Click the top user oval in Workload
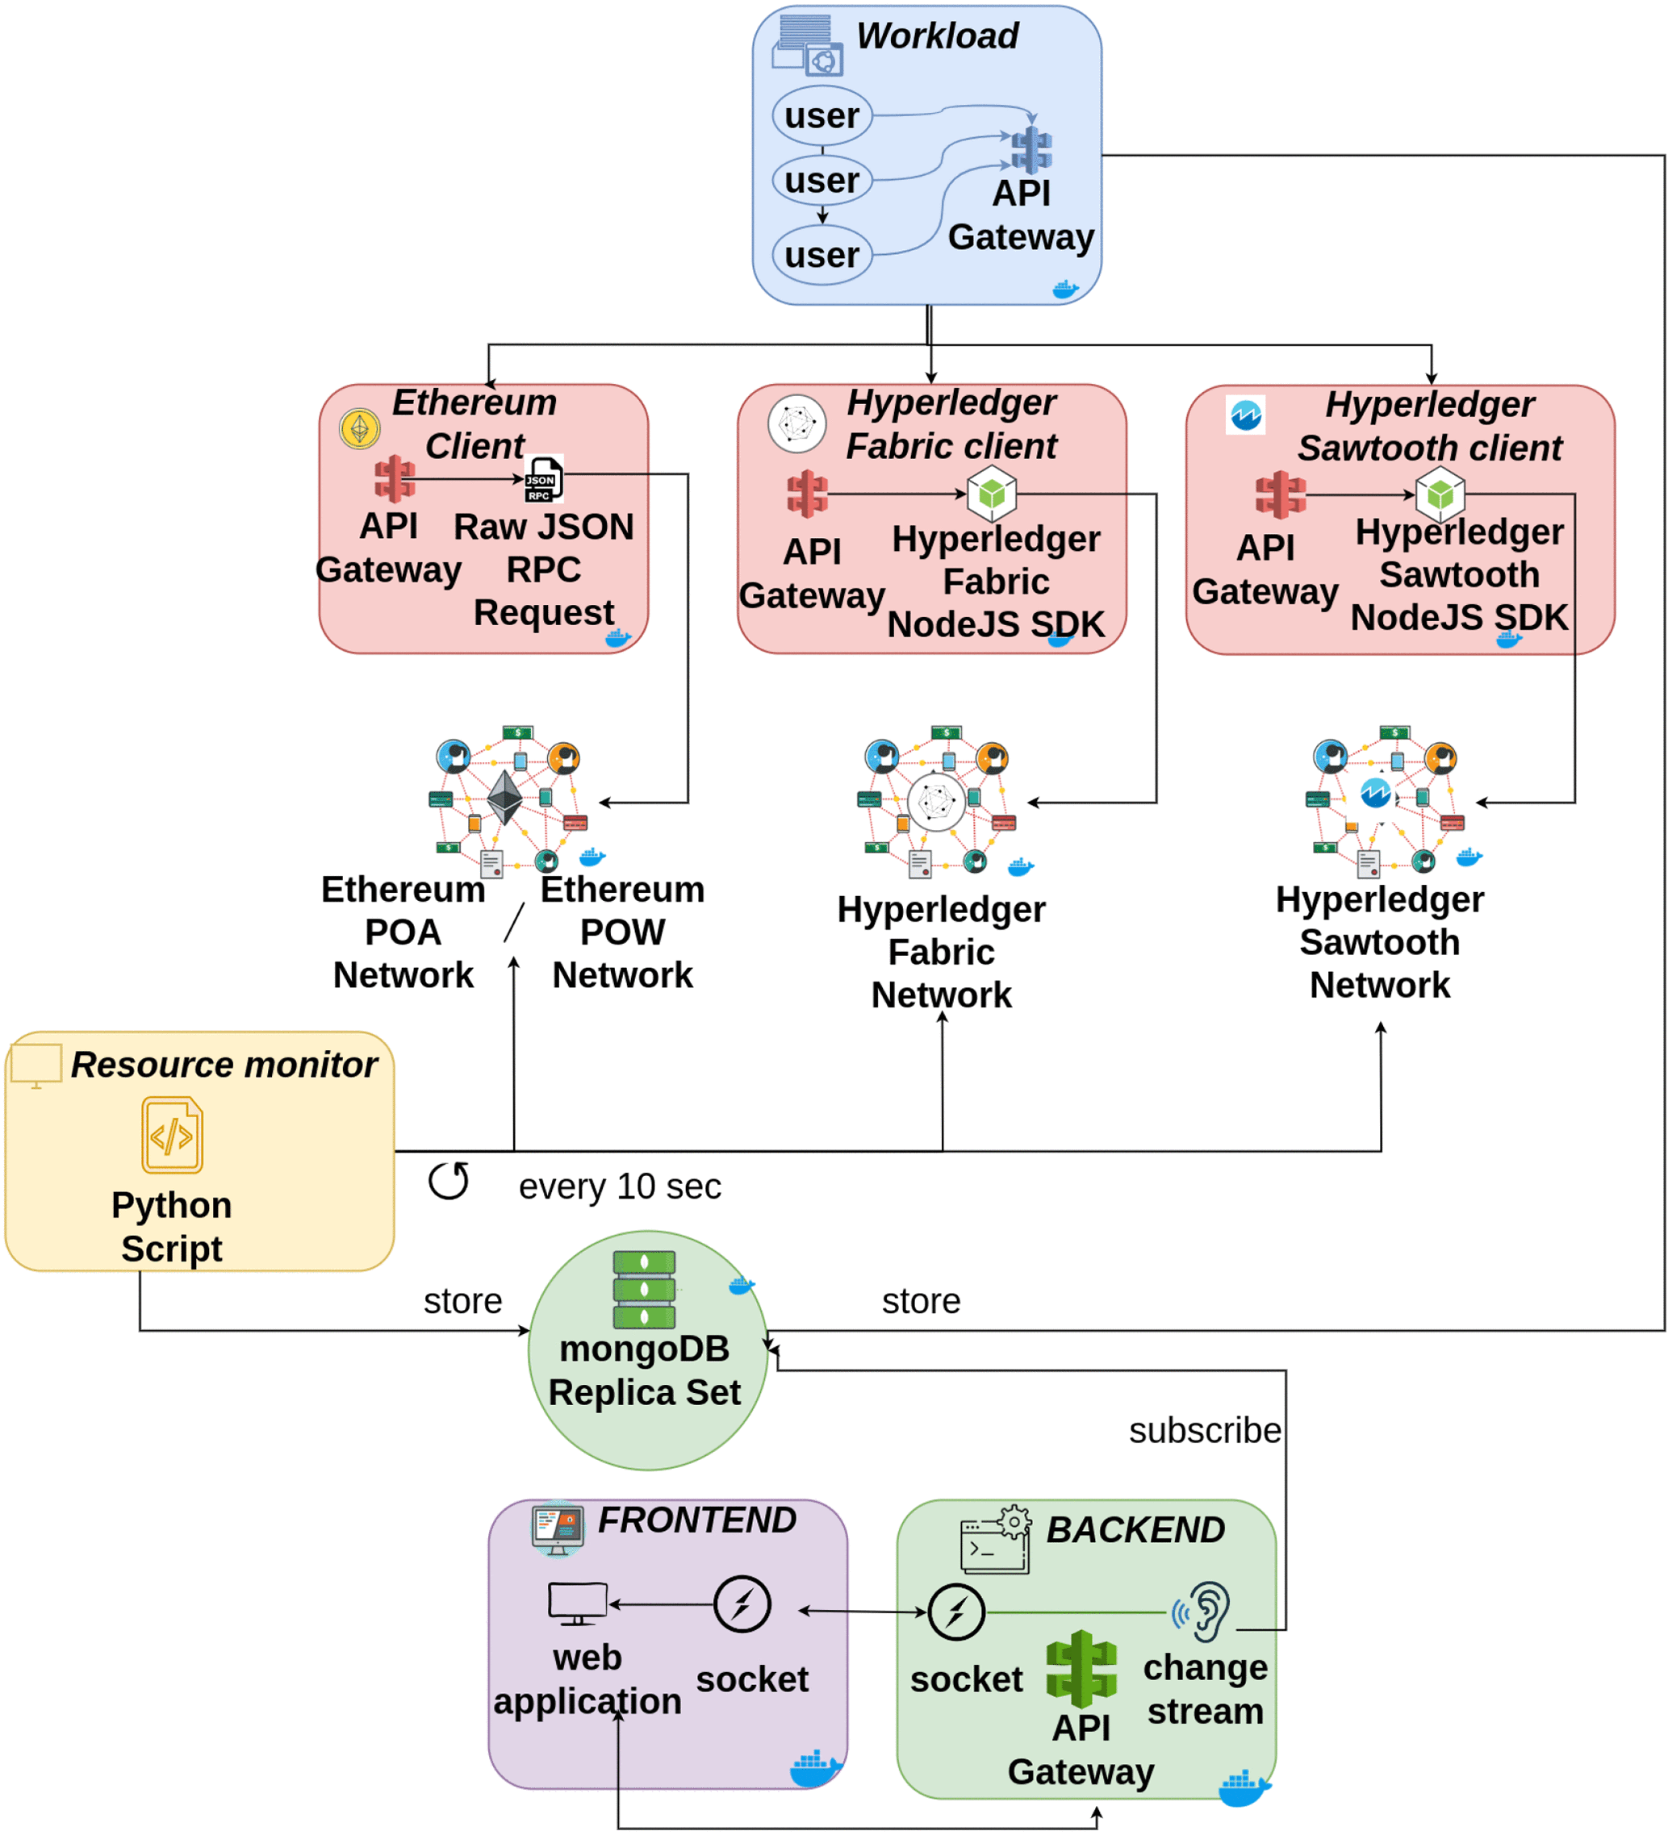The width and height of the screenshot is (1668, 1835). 821,115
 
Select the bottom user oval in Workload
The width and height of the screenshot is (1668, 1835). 821,255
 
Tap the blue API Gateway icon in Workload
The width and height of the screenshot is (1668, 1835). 1030,150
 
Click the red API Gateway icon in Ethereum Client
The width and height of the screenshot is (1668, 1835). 395,479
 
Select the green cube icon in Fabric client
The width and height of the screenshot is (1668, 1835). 992,494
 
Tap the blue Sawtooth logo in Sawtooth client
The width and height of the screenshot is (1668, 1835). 1244,415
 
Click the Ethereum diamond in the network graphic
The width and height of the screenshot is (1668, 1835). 504,798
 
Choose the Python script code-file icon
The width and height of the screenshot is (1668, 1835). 172,1135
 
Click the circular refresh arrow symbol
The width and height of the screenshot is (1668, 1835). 449,1181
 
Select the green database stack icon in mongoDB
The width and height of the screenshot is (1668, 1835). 644,1289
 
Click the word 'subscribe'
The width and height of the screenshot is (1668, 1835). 1204,1431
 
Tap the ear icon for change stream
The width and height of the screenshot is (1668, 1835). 1202,1611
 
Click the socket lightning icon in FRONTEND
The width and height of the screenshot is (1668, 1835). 742,1604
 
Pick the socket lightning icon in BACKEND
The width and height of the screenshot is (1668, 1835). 955,1612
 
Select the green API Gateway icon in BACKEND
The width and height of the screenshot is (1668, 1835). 1081,1668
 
